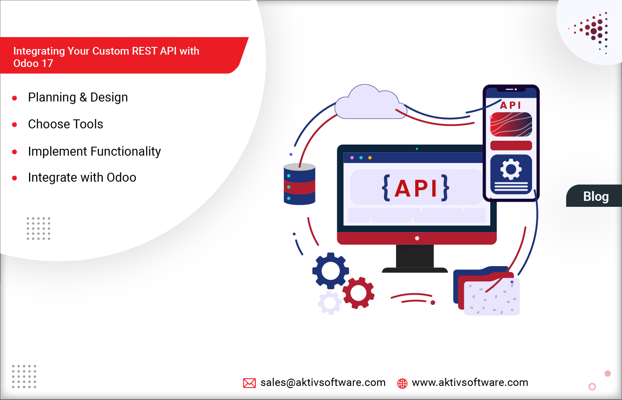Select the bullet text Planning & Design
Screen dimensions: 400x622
[x=78, y=98]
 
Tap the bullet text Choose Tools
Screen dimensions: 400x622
[x=65, y=125]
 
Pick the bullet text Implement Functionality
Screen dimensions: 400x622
[x=94, y=151]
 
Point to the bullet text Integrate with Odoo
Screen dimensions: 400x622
[x=82, y=177]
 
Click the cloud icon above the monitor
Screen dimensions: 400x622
[x=368, y=104]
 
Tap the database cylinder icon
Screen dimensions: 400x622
[x=299, y=184]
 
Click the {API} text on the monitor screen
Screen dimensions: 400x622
[x=416, y=188]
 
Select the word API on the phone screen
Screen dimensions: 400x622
[x=510, y=105]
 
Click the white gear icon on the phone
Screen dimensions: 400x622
[x=511, y=169]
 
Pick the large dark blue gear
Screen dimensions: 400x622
[x=330, y=270]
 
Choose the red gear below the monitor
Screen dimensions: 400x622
[x=359, y=293]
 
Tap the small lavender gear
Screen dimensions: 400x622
[x=330, y=303]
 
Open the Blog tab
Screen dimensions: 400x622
[x=596, y=197]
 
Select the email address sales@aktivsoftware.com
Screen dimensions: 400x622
[x=323, y=383]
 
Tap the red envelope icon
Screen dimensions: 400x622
[x=249, y=383]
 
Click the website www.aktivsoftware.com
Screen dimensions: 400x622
[x=470, y=383]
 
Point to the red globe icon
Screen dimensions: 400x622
[x=402, y=383]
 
